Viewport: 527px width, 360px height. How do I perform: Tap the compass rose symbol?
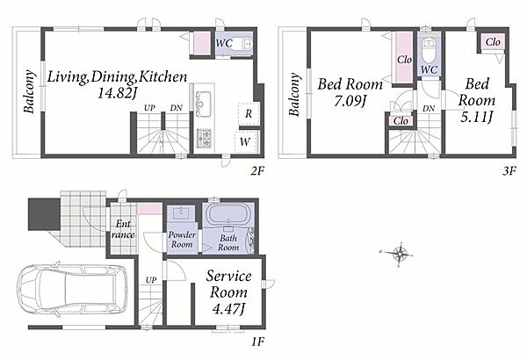click(399, 254)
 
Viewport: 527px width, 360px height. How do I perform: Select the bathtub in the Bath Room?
click(228, 214)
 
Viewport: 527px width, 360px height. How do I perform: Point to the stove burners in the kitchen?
click(204, 138)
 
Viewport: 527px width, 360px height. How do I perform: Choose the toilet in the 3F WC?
click(429, 49)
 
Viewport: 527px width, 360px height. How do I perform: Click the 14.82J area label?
click(117, 93)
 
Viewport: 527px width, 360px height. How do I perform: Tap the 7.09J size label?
click(350, 100)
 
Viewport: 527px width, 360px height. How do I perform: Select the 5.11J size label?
click(477, 117)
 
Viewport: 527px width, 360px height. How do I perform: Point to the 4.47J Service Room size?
click(228, 308)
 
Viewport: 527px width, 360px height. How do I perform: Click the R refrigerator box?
click(249, 113)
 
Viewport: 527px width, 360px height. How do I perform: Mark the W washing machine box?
click(246, 142)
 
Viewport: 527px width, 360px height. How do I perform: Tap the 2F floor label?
click(257, 171)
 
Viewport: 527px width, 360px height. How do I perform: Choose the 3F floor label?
click(509, 171)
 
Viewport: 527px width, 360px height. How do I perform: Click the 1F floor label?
click(257, 342)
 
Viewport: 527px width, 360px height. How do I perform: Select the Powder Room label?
click(182, 240)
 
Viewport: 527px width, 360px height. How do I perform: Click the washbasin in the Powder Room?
click(182, 212)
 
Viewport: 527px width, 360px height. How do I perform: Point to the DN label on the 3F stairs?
click(429, 109)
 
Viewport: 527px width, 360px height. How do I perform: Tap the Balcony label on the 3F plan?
click(294, 94)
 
